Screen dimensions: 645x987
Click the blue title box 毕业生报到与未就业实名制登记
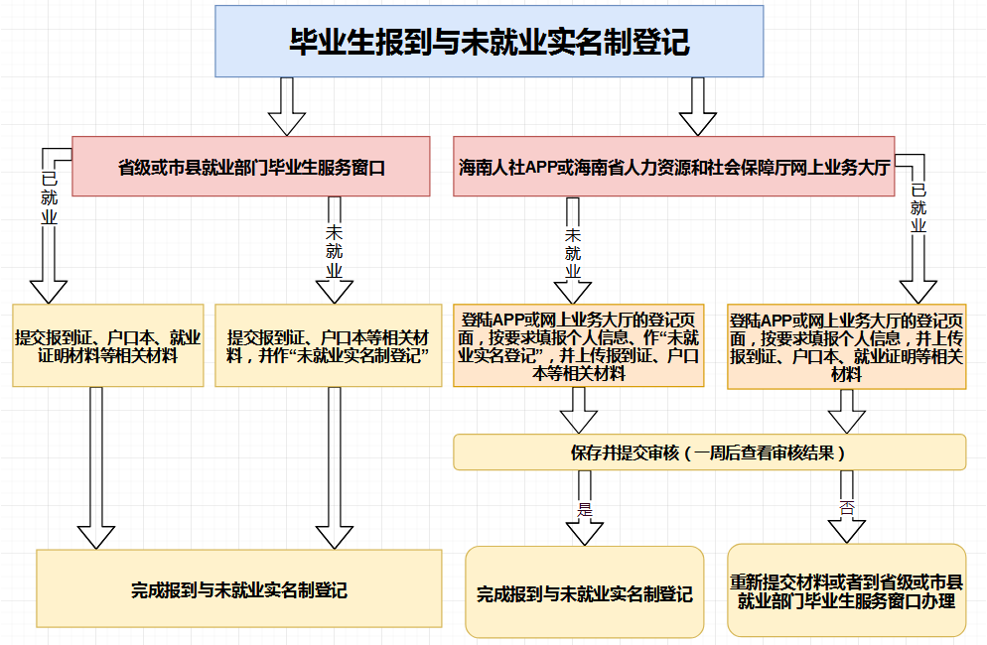(x=489, y=41)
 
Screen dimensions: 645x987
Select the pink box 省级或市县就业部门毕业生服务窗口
(x=250, y=166)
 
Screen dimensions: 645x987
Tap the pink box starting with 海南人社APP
(x=673, y=166)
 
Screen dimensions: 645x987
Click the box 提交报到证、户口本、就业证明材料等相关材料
(x=108, y=344)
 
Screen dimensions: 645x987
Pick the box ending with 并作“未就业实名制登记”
(x=328, y=344)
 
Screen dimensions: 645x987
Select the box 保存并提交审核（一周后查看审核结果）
(x=709, y=452)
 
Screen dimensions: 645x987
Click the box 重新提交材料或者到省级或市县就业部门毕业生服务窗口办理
(x=846, y=590)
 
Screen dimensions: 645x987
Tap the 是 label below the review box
(x=585, y=509)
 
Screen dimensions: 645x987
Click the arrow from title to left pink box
(x=287, y=105)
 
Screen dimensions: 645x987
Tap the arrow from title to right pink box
(x=698, y=105)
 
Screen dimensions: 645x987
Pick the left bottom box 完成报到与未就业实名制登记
(x=238, y=588)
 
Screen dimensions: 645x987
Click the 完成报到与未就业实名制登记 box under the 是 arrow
(x=584, y=593)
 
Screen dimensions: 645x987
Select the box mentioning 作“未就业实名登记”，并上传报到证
(x=580, y=344)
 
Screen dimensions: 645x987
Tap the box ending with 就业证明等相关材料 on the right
(x=846, y=346)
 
